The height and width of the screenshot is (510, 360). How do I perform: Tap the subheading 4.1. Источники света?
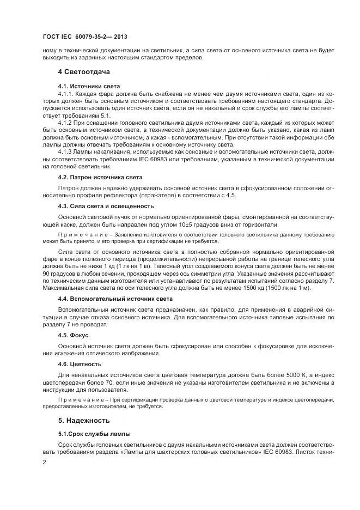click(x=89, y=87)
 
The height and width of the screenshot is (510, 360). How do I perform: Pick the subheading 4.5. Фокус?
click(x=73, y=335)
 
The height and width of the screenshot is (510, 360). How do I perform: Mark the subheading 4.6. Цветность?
click(x=79, y=363)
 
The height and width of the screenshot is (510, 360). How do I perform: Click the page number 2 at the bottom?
click(x=45, y=462)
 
